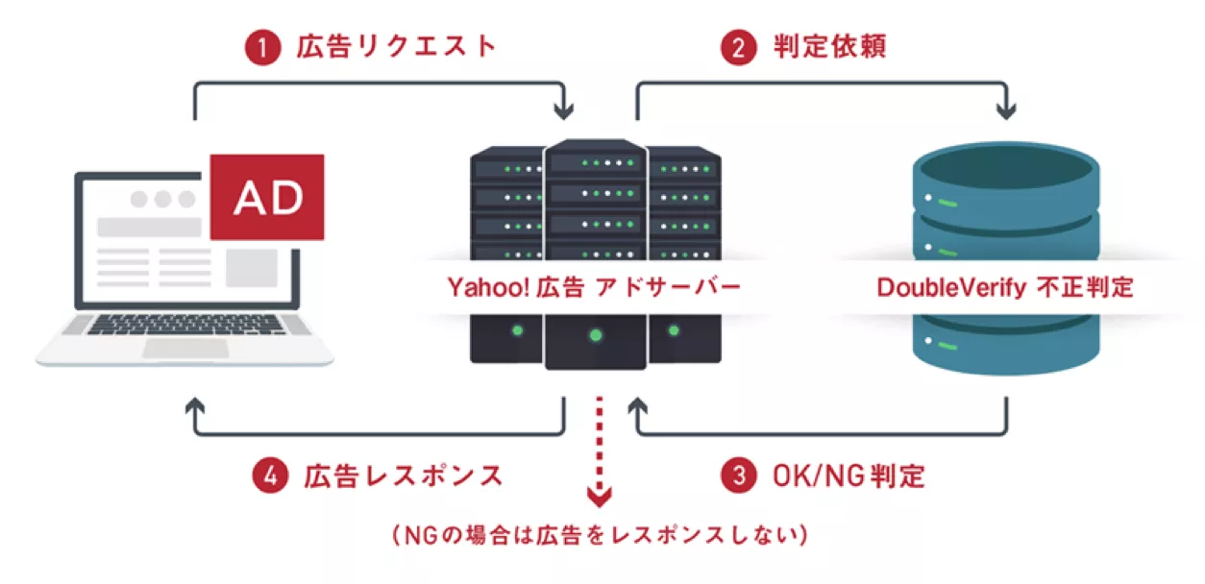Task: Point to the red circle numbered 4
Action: coord(270,475)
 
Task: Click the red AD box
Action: coord(267,197)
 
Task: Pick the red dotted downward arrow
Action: coord(599,451)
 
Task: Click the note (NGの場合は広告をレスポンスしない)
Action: coord(601,534)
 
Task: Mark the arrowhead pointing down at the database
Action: coord(1006,111)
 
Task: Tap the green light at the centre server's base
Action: coord(596,335)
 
